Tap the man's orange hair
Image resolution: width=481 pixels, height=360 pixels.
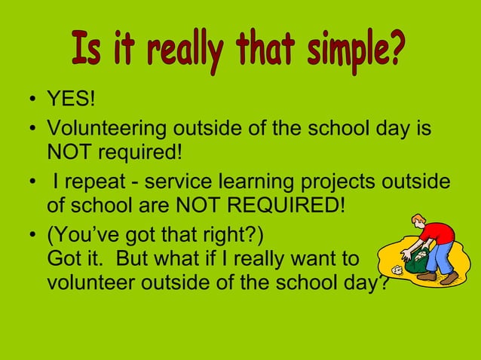[419, 219]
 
